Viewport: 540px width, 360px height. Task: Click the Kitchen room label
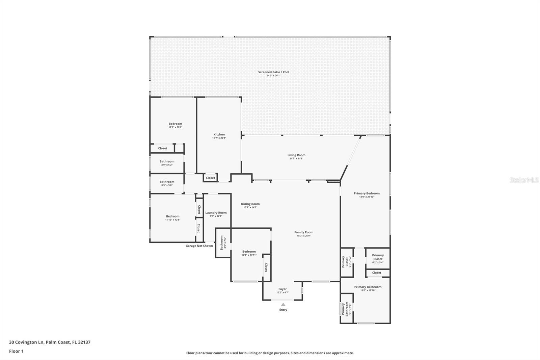click(x=219, y=134)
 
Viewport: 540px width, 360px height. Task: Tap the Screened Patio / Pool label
click(x=273, y=72)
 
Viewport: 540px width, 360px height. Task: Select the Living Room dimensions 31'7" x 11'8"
click(x=296, y=159)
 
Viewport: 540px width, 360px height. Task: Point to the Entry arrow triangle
click(x=283, y=305)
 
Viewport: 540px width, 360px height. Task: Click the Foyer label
click(x=282, y=289)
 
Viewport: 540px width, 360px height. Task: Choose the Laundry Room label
click(x=216, y=213)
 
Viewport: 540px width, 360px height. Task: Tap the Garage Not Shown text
click(x=199, y=246)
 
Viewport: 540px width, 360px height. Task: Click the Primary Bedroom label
click(x=367, y=194)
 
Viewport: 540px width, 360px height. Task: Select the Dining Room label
click(x=250, y=204)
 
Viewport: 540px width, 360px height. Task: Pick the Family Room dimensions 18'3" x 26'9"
click(x=304, y=236)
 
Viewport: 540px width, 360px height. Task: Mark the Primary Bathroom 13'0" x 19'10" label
click(x=368, y=287)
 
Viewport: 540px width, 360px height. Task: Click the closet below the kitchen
click(x=210, y=178)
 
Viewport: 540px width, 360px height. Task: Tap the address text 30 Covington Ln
click(x=50, y=342)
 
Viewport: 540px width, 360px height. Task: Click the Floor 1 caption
click(x=16, y=351)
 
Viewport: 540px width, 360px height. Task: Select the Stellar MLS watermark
click(x=524, y=180)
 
